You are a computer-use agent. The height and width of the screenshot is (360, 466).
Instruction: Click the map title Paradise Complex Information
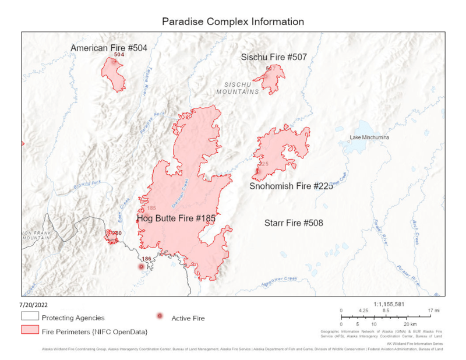click(x=232, y=22)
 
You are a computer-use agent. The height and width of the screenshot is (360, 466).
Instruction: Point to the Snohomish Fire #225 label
click(x=291, y=186)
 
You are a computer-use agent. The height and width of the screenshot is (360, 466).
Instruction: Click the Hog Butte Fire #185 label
click(x=176, y=218)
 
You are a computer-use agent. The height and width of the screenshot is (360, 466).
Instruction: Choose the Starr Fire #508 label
click(x=294, y=223)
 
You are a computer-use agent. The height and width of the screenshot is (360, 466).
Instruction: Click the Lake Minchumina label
click(x=369, y=138)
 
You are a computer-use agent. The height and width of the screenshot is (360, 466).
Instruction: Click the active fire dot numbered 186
click(x=141, y=267)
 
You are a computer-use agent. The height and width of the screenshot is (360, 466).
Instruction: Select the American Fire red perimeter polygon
click(x=112, y=73)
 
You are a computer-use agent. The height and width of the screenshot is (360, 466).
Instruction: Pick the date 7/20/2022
click(x=33, y=304)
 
